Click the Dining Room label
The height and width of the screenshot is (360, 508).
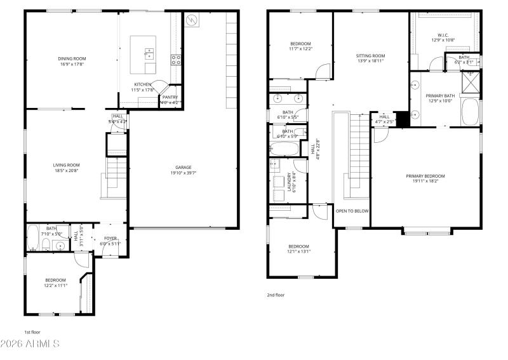71,59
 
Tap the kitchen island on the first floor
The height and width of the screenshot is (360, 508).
144,55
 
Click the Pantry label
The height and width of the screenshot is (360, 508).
170,97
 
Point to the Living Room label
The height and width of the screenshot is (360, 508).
66,165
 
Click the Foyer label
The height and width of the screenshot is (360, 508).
110,239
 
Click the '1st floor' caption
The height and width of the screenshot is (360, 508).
33,331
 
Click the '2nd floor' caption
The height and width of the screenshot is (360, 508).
276,295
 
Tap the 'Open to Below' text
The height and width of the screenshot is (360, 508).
352,211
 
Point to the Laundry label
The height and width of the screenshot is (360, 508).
290,182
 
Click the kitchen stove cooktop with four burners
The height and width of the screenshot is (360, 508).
176,60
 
